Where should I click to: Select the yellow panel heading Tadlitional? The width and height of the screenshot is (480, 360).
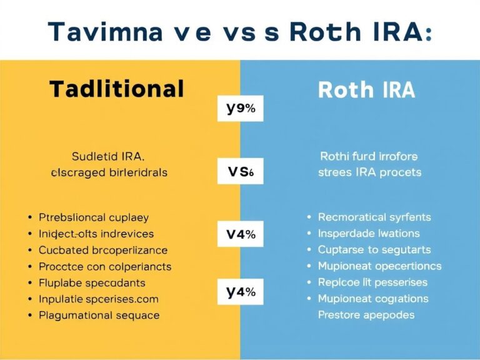[116, 89]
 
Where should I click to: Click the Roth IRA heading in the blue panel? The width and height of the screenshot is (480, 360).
[366, 91]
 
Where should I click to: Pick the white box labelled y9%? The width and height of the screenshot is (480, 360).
[241, 109]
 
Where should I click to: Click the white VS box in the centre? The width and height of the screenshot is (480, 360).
[240, 171]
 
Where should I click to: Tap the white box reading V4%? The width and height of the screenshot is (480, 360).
[241, 236]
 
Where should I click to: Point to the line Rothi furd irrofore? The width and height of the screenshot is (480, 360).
[368, 156]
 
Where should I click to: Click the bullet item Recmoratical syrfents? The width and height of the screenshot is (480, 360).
[374, 217]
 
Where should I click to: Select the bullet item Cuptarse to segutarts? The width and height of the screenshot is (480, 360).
[374, 250]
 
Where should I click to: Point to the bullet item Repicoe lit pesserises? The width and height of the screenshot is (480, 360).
[372, 282]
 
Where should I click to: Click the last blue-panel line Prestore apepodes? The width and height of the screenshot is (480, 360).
[366, 314]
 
